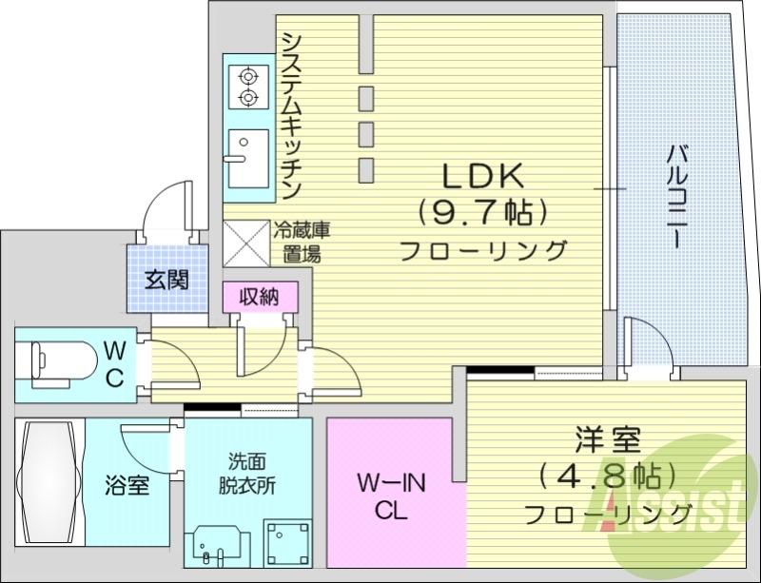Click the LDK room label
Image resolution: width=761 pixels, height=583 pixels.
click(480, 177)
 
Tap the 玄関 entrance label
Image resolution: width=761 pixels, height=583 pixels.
click(166, 280)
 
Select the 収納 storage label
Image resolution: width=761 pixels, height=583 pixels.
click(259, 296)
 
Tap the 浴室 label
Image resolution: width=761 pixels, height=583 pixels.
click(127, 486)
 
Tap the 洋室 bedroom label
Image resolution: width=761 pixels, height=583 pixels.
click(608, 441)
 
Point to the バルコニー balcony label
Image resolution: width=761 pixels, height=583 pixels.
click(676, 196)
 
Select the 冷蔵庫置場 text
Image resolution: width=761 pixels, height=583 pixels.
click(302, 242)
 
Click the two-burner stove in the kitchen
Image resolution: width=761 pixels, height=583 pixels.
click(248, 86)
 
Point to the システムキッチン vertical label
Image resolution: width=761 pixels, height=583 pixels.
click(292, 115)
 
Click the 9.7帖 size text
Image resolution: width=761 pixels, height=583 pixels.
click(481, 211)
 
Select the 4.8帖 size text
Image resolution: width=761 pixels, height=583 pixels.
click(606, 475)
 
